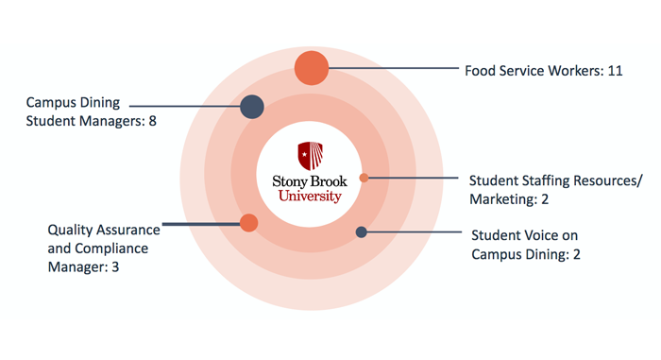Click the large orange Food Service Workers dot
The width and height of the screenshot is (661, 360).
pyautogui.click(x=312, y=68)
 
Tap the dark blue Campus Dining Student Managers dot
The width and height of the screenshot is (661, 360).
pyautogui.click(x=252, y=107)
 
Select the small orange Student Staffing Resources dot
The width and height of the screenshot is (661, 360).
pyautogui.click(x=364, y=178)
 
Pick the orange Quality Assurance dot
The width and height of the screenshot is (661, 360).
pyautogui.click(x=248, y=223)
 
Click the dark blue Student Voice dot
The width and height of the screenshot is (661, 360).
pyautogui.click(x=362, y=231)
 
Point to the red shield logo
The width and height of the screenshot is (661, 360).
pyautogui.click(x=311, y=156)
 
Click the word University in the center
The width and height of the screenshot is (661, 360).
pyautogui.click(x=310, y=197)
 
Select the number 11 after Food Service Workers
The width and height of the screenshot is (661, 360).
pyautogui.click(x=615, y=71)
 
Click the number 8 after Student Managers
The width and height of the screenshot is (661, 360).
pyautogui.click(x=152, y=121)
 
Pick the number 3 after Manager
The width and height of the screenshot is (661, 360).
pyautogui.click(x=115, y=267)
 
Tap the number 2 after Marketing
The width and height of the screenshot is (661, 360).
pyautogui.click(x=545, y=198)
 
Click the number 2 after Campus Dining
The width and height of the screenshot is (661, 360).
pyautogui.click(x=576, y=254)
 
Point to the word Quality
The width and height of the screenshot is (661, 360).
pyautogui.click(x=69, y=231)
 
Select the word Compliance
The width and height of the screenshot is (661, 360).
pyautogui.click(x=111, y=249)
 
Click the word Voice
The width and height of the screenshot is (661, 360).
pyautogui.click(x=536, y=235)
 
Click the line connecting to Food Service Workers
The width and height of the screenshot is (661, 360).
pyautogui.click(x=394, y=68)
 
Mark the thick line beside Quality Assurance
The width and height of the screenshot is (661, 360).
pyautogui.click(x=201, y=224)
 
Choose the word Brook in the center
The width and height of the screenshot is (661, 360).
pyautogui.click(x=329, y=181)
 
